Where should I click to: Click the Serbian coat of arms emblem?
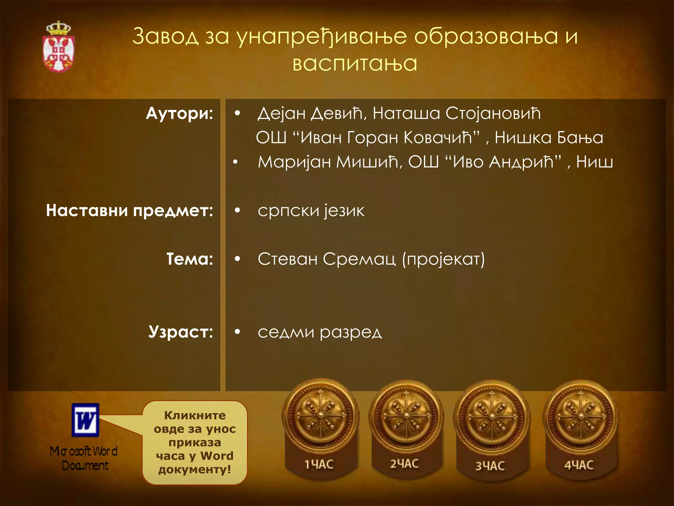coord(59,47)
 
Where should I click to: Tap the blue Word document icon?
coord(86,420)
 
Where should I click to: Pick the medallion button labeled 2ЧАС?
coord(405,428)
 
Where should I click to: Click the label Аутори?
coord(179,114)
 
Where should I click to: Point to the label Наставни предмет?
coord(129,210)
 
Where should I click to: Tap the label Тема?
coord(190,259)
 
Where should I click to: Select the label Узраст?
coord(180,332)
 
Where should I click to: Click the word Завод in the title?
coord(165,36)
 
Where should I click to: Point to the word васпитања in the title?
coord(355,63)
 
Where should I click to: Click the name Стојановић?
coord(493,114)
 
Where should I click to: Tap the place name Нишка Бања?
coord(549,138)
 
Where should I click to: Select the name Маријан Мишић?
coord(328,162)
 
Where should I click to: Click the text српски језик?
coord(311,211)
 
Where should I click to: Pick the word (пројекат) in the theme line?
coord(443,259)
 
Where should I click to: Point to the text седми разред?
coord(320,332)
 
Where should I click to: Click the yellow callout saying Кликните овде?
coord(195,442)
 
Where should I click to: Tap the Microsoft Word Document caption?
coord(84,458)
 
